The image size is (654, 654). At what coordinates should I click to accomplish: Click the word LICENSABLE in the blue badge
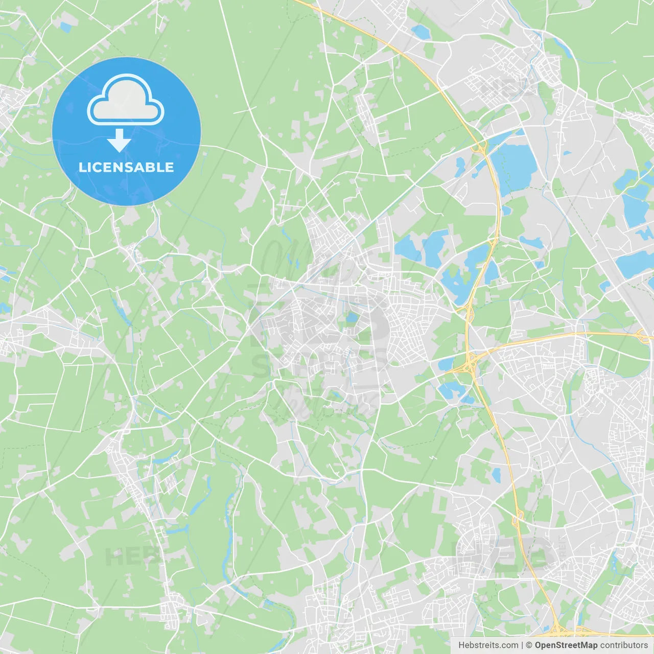pos(126,167)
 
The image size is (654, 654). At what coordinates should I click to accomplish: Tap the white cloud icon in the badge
pos(126,100)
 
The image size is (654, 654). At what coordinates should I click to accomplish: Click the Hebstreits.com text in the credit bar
pos(488,645)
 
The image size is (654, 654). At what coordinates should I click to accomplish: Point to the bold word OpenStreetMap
pos(566,645)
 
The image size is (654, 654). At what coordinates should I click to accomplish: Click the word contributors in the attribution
pos(624,645)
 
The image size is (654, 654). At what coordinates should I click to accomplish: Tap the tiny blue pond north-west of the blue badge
pos(65,27)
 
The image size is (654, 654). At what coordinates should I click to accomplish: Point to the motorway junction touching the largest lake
pos(479,148)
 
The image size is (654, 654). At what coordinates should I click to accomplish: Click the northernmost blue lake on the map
pos(421,32)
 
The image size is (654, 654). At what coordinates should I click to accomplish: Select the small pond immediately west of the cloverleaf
pos(446,364)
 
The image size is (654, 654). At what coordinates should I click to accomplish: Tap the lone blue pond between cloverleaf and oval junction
pos(496,475)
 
